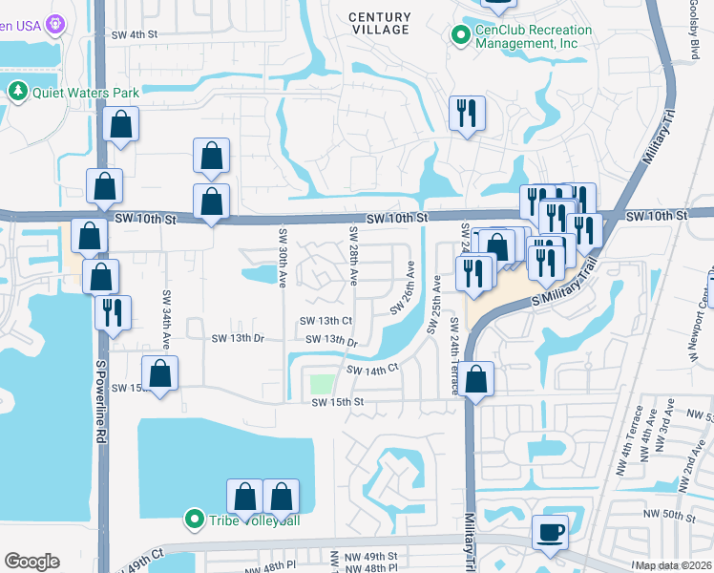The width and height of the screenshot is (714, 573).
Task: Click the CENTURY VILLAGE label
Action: point(379,24)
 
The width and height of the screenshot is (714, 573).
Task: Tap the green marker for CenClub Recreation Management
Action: point(460,36)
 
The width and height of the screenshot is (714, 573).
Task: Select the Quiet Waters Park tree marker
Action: point(17,92)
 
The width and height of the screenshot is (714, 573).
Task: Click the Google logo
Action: point(31,562)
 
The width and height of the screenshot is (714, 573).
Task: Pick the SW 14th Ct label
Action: point(371,370)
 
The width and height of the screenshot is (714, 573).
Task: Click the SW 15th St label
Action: point(338,403)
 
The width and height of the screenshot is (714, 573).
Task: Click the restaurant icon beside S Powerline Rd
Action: point(113,312)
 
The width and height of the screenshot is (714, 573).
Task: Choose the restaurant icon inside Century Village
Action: point(468,113)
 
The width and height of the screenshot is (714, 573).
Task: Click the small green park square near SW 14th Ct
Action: point(322,385)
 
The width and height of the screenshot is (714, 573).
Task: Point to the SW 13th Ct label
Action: point(326,321)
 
